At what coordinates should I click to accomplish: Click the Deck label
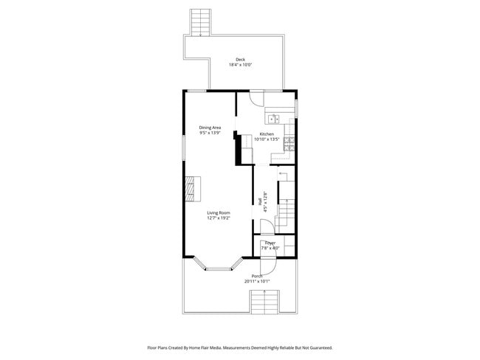pos(240,60)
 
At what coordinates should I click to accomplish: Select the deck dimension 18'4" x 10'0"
pos(240,65)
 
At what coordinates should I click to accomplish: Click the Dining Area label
pos(210,128)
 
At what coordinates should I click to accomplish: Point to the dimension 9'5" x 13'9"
pos(210,133)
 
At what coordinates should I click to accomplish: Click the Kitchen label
pos(266,134)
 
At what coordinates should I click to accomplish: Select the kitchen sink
pos(273,118)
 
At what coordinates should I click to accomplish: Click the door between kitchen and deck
pos(256,96)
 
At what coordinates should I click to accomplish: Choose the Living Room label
pos(219,212)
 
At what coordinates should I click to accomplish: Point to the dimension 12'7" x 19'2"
pos(219,218)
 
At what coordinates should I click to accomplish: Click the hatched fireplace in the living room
pos(192,188)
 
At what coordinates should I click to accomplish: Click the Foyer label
pos(270,243)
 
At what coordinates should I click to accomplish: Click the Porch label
pos(258,276)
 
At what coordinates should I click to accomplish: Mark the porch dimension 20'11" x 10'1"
pos(258,281)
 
